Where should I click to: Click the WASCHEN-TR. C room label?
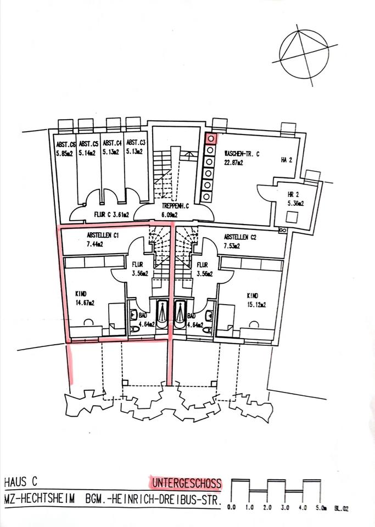pyautogui.click(x=242, y=155)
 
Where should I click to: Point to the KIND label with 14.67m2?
pyautogui.click(x=82, y=294)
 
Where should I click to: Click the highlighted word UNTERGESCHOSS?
pyautogui.click(x=187, y=484)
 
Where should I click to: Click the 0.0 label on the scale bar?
pyautogui.click(x=232, y=508)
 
